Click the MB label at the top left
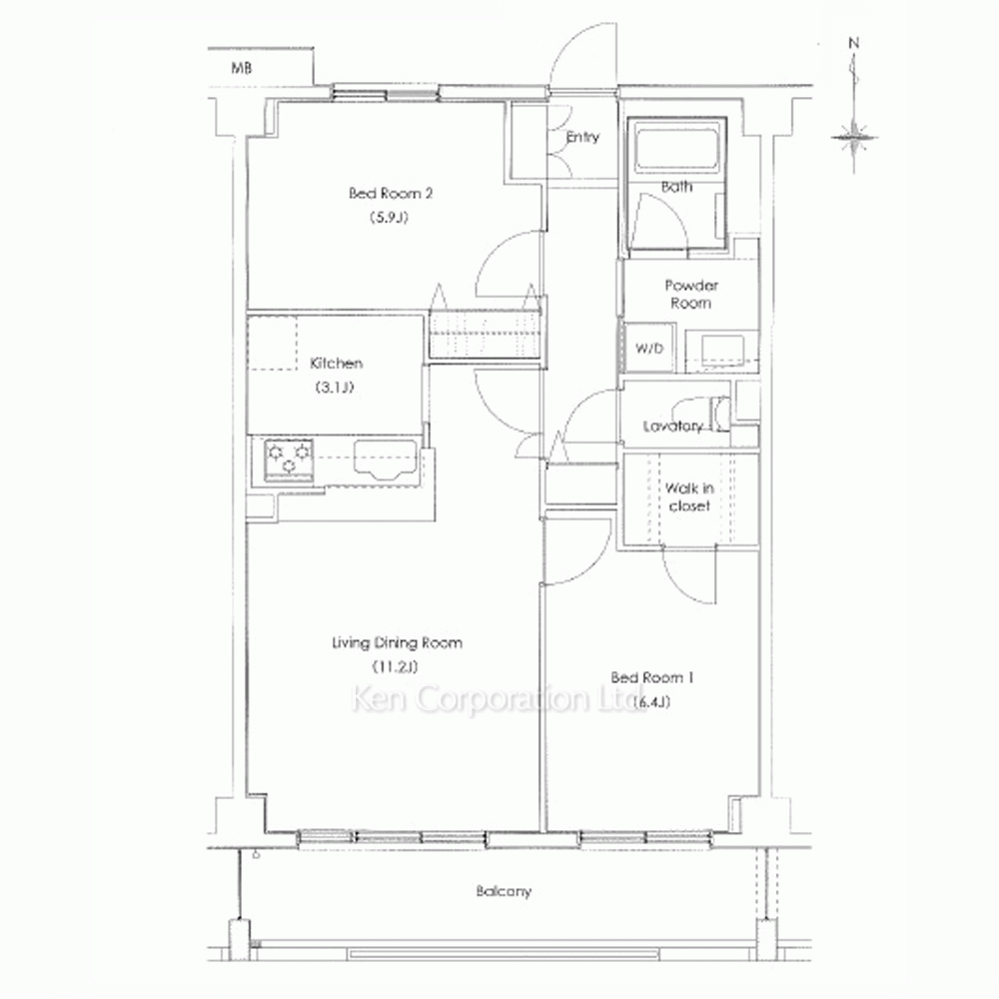(241, 67)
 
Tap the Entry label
(582, 137)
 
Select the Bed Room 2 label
(391, 193)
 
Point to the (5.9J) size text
(389, 217)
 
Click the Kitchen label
(336, 364)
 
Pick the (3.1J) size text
(335, 387)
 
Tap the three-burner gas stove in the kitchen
(289, 460)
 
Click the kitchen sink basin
(385, 459)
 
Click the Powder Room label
(691, 294)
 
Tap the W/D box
(649, 348)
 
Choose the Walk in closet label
(689, 497)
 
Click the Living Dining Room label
(397, 642)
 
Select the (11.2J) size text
(395, 667)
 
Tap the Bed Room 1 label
(651, 677)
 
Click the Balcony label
(503, 891)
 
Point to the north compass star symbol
(854, 137)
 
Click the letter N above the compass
(854, 43)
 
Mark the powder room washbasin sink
(723, 350)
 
